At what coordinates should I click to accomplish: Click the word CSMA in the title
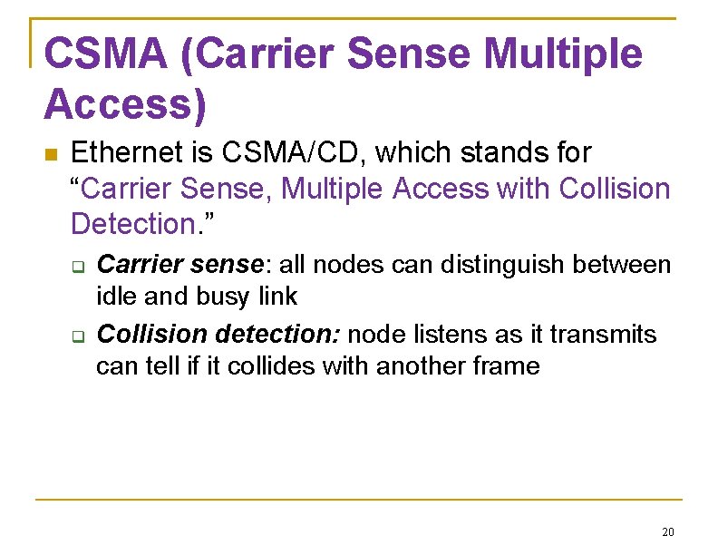[103, 54]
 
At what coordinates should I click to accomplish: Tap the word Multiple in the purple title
[563, 54]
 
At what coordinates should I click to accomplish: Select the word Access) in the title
[125, 105]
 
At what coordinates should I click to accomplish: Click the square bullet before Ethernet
[51, 154]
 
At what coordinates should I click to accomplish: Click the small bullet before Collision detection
[78, 337]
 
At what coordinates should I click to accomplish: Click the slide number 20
[668, 531]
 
